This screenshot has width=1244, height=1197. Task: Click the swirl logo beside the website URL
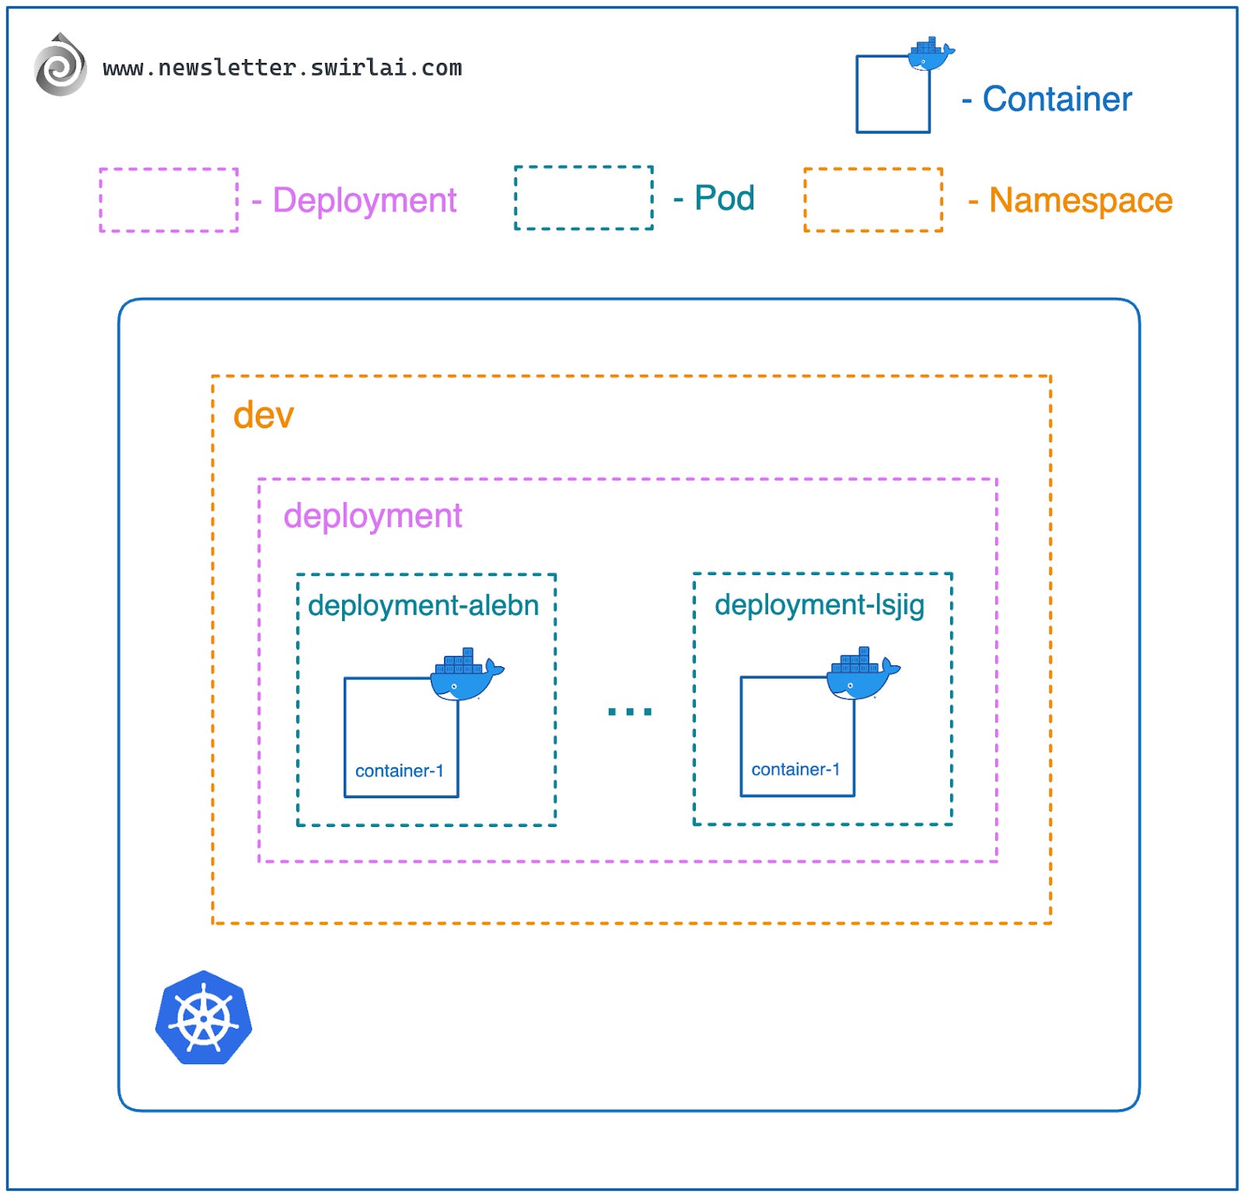coord(60,65)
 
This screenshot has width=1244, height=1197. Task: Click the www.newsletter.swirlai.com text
coord(282,68)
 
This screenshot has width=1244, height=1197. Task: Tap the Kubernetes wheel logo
coord(204,1017)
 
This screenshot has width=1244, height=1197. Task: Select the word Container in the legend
coord(1057,99)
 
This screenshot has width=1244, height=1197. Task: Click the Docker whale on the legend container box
coord(930,54)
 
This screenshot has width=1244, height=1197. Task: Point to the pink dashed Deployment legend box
coord(169,200)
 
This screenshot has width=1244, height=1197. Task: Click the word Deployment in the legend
coord(364,201)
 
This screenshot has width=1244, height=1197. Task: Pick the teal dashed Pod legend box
coord(583,197)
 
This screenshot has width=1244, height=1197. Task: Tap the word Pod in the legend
coord(724,198)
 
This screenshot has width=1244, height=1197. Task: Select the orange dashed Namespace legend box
coord(873,200)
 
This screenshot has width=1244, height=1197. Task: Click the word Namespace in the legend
coord(1080,201)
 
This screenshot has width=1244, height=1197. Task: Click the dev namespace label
coord(264,415)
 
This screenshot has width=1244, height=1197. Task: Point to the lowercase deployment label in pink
coord(372,516)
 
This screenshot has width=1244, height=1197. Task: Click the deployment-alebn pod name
coord(423,605)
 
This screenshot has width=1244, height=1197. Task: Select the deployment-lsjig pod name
coord(819,605)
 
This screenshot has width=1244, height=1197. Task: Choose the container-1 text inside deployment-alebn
coord(399,771)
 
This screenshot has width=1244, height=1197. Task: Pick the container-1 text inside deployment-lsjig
coord(795,769)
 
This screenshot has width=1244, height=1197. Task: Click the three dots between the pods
coord(630,710)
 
